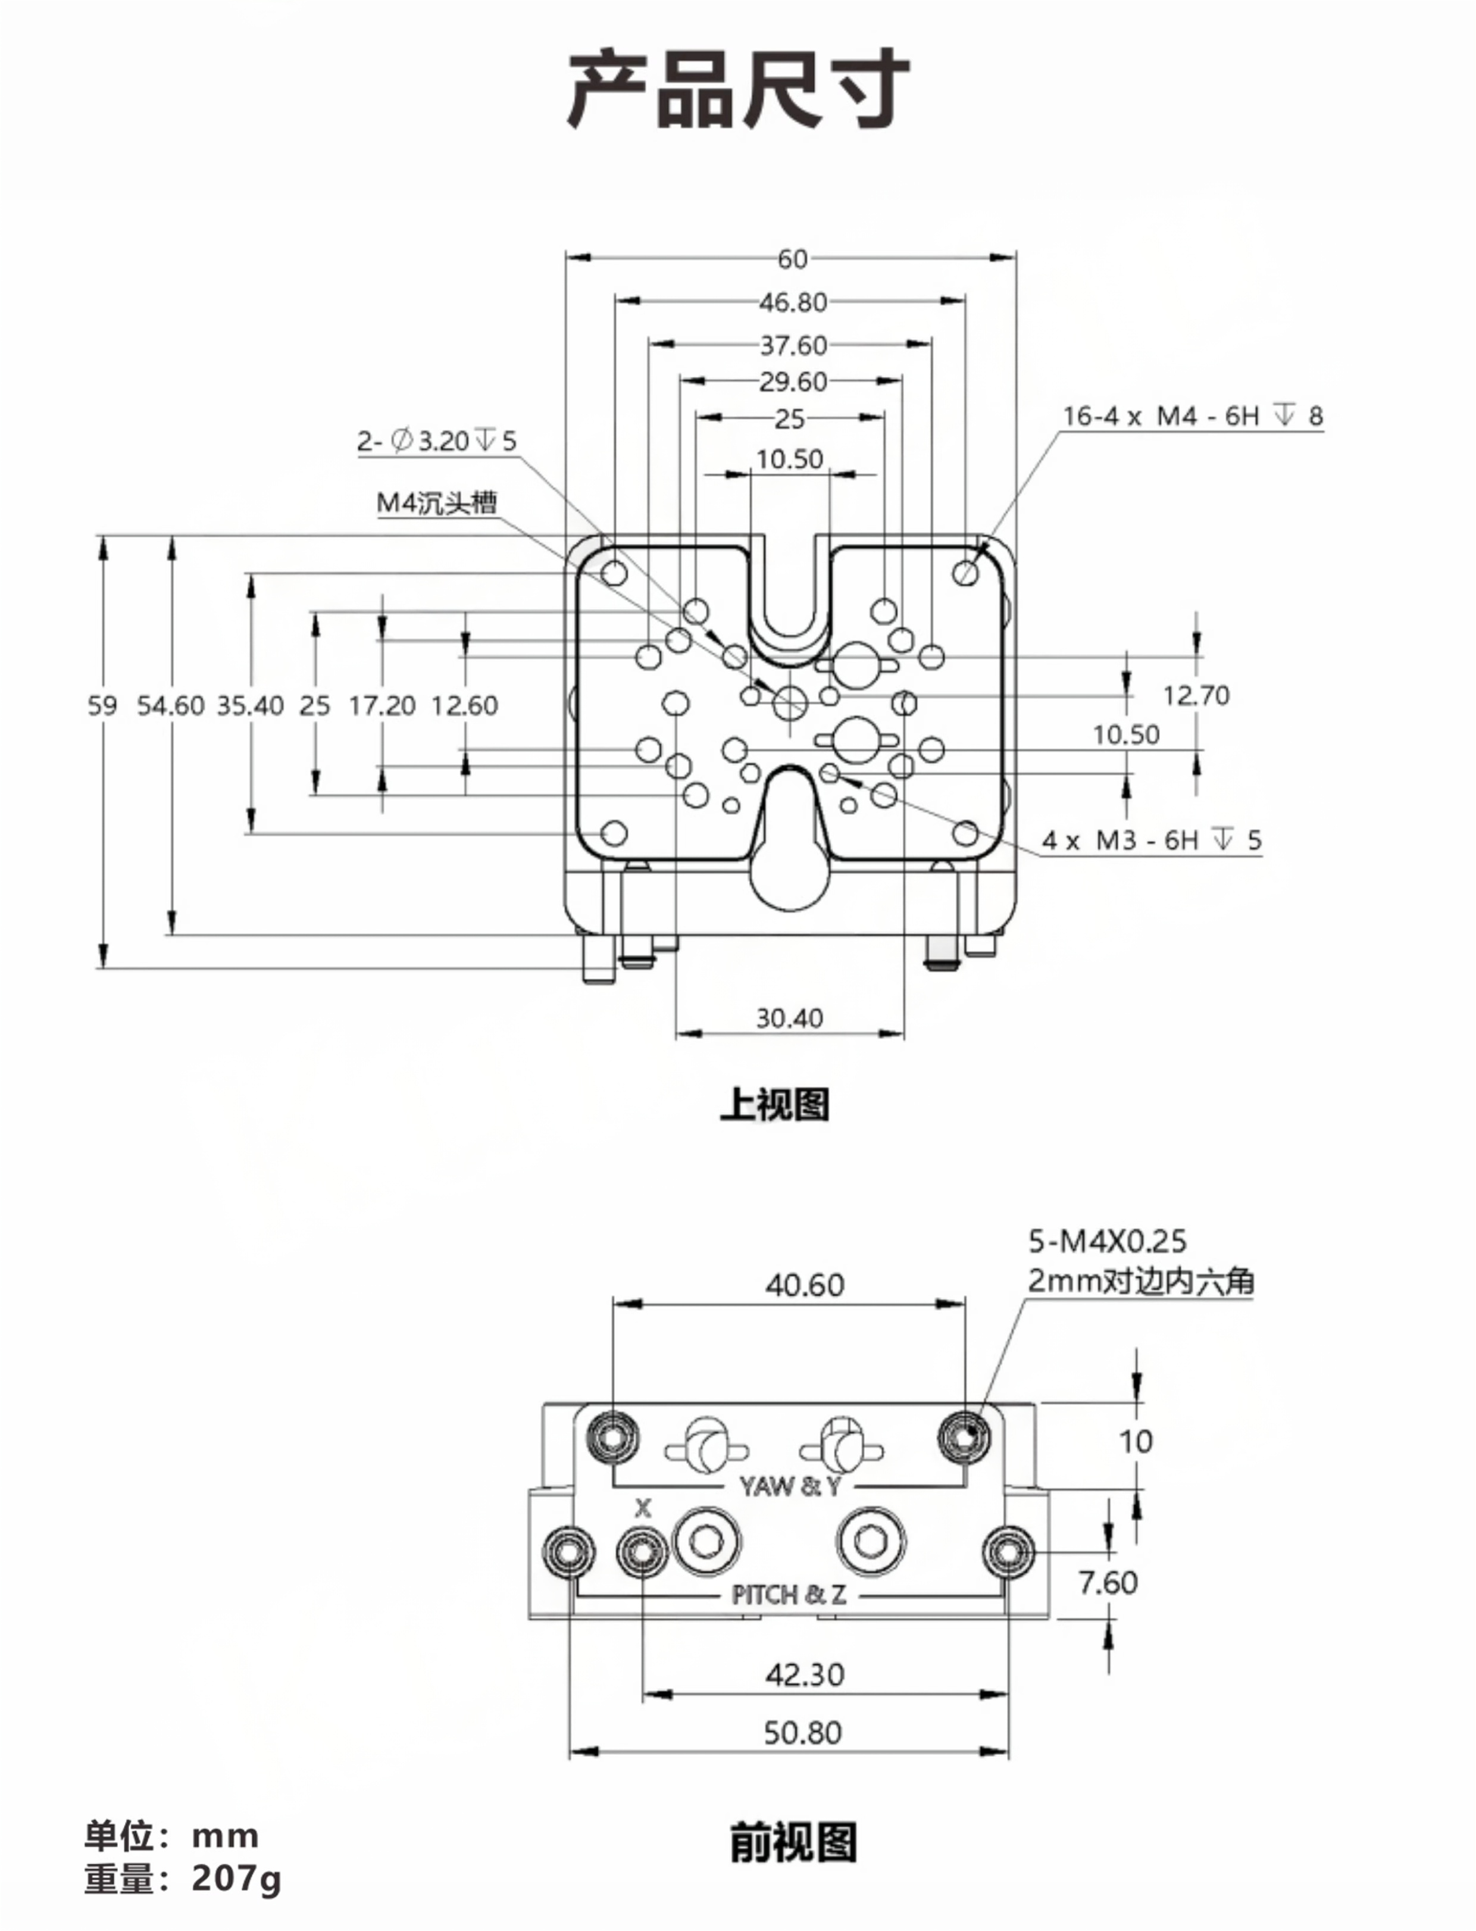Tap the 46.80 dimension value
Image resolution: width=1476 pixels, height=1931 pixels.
(793, 302)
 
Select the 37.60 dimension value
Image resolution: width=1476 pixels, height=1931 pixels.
(793, 345)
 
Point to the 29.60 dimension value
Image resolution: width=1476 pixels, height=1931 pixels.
(793, 382)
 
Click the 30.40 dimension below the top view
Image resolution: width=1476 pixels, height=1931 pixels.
(790, 1018)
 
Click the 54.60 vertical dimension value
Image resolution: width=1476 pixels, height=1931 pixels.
(170, 705)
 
